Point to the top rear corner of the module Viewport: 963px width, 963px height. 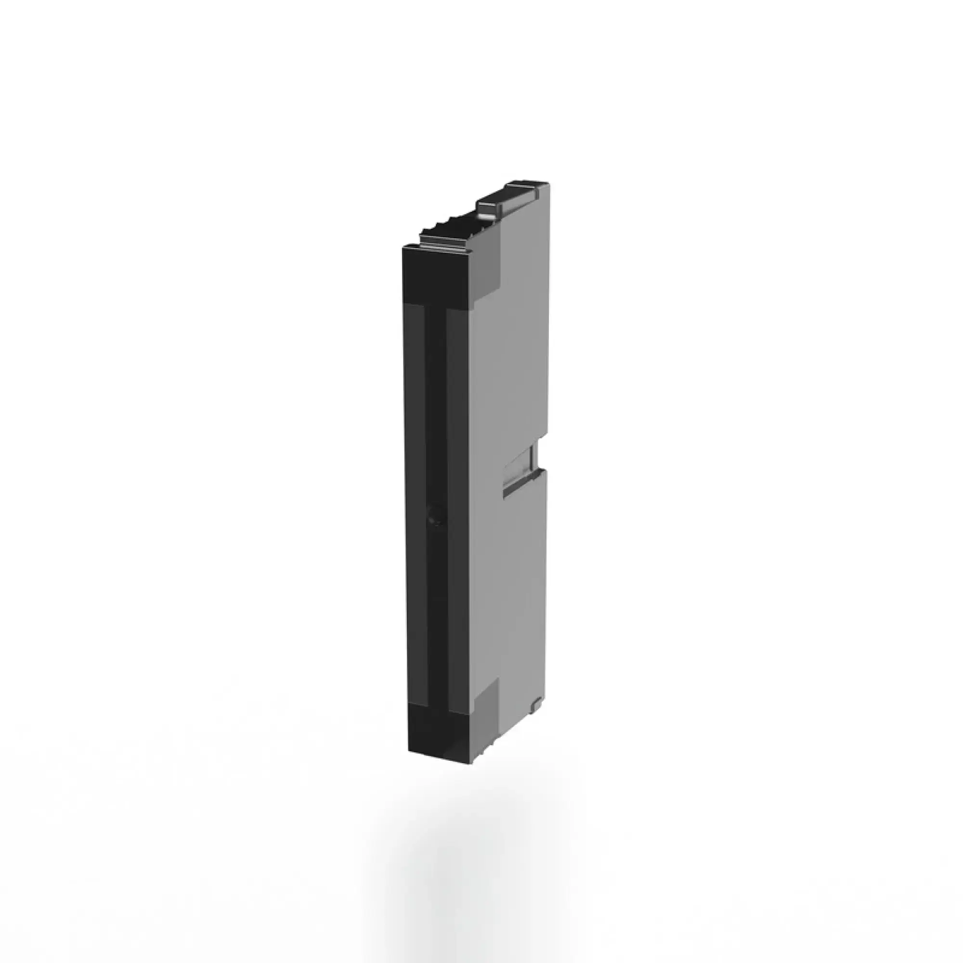548,184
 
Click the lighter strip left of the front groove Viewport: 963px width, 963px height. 416,498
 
